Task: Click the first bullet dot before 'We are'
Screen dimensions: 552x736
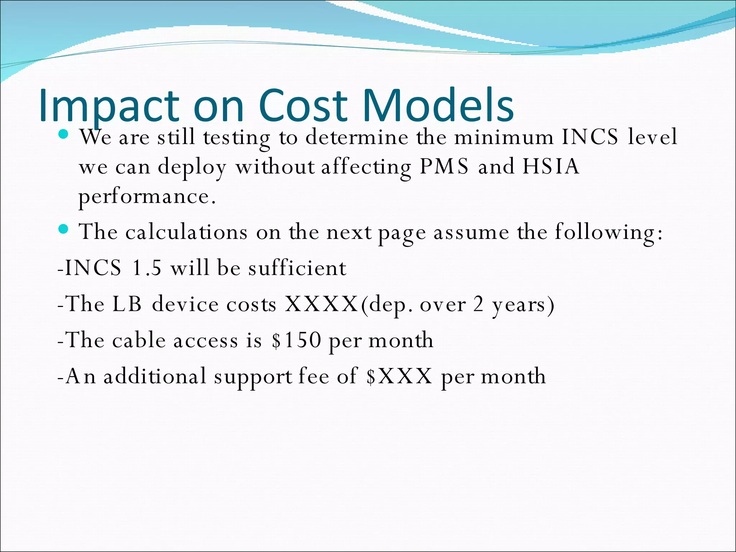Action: pyautogui.click(x=63, y=134)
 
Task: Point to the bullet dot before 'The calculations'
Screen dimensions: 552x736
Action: pyautogui.click(x=63, y=229)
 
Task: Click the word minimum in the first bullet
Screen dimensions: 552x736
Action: pyautogui.click(x=504, y=137)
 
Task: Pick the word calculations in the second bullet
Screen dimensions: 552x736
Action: pyautogui.click(x=186, y=232)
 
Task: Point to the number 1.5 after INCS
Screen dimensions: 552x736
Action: pyautogui.click(x=147, y=268)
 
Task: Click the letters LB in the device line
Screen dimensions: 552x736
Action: pyautogui.click(x=127, y=304)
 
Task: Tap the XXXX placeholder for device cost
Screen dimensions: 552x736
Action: pyautogui.click(x=321, y=304)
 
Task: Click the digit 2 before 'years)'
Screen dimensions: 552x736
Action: pyautogui.click(x=478, y=304)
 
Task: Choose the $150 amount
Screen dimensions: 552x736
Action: pyautogui.click(x=296, y=340)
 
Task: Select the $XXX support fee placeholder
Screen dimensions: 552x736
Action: pyautogui.click(x=399, y=376)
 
